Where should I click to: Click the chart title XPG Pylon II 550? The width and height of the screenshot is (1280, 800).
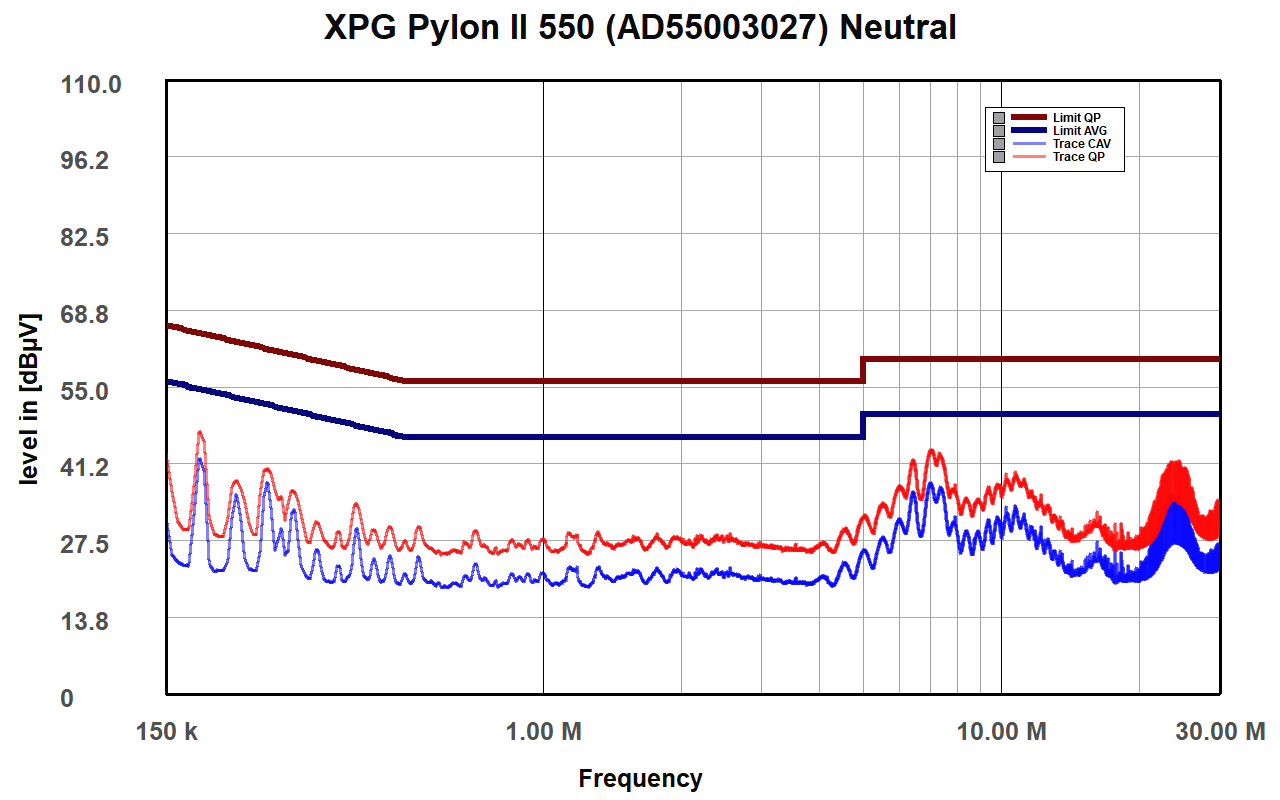click(640, 27)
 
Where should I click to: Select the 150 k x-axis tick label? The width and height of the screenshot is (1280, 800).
click(166, 732)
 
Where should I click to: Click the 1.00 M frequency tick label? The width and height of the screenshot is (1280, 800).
click(543, 732)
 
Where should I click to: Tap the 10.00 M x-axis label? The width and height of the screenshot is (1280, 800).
click(1002, 732)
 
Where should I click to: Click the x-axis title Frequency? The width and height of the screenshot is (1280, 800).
click(640, 778)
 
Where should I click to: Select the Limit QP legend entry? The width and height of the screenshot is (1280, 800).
click(1076, 118)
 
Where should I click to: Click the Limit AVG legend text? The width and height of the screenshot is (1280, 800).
click(1079, 131)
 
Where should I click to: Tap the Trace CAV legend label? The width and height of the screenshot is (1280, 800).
click(1081, 144)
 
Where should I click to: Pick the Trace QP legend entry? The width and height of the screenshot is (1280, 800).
click(1078, 157)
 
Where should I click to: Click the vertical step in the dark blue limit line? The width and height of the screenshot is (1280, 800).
click(863, 425)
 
